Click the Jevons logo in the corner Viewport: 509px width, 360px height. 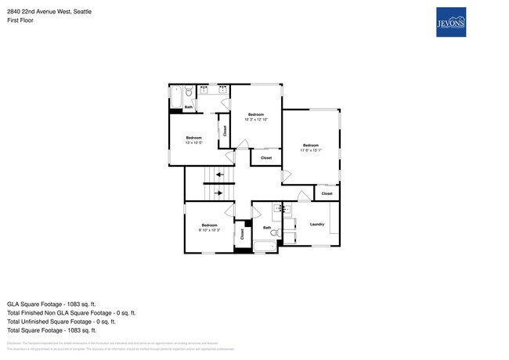coord(451,22)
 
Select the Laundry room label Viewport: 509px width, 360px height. coord(317,225)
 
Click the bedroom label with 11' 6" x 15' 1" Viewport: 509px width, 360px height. coord(311,148)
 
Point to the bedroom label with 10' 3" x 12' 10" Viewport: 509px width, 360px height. coord(256,117)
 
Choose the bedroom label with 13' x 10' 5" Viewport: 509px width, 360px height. coord(193,140)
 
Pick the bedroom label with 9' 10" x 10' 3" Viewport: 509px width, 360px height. coord(208,227)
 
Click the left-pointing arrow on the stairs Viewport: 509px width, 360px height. coord(220,174)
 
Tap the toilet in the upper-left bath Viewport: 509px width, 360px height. coord(189,93)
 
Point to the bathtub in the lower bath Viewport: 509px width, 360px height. coord(265,247)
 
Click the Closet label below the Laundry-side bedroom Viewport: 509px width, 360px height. coord(327,193)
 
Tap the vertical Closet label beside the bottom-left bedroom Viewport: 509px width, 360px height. coord(243,233)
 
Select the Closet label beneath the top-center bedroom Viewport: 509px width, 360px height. coord(266,158)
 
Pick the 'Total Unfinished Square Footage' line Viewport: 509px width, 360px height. coord(61,321)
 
